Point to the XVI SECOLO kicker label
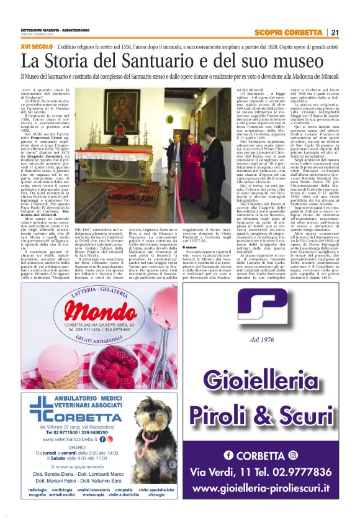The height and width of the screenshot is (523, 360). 35,47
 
